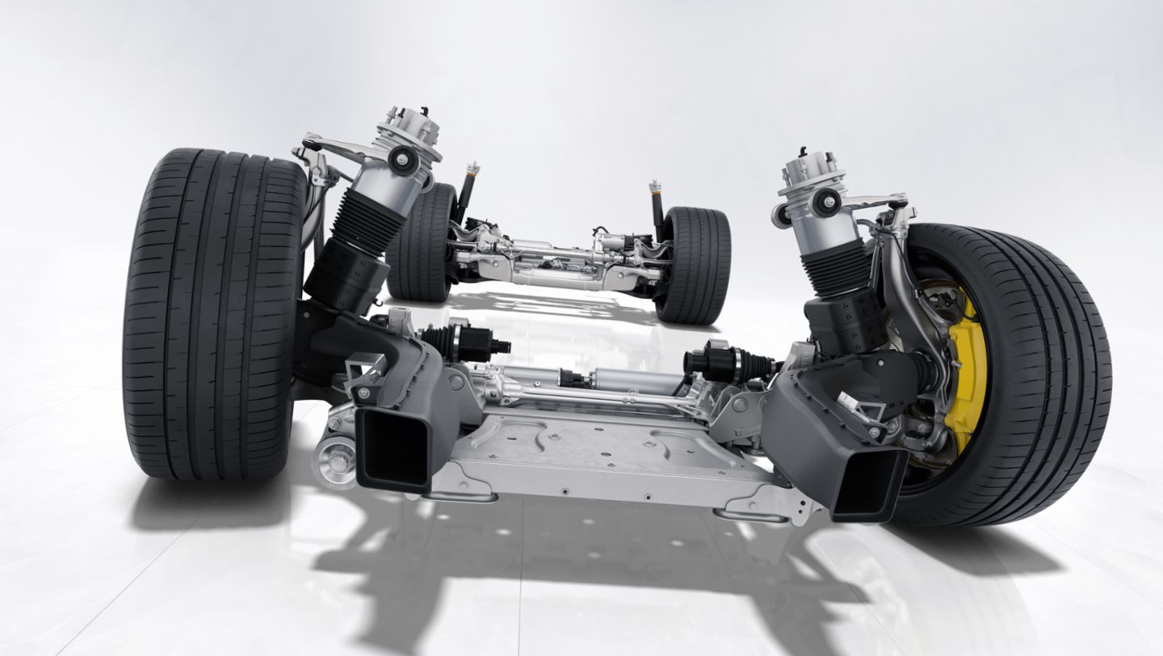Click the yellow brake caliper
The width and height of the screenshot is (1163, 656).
pyautogui.click(x=965, y=368)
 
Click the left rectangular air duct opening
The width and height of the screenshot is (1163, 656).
pyautogui.click(x=393, y=448)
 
